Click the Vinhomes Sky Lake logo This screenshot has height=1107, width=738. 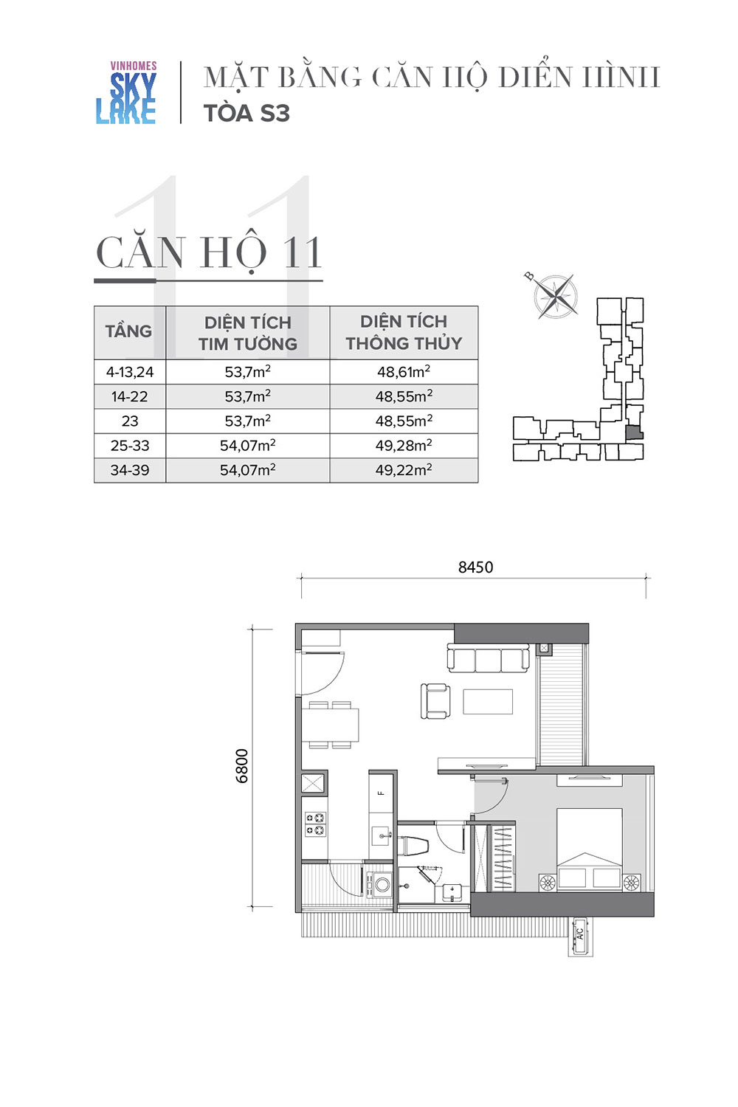tap(126, 92)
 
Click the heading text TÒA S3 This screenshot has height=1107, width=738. tap(246, 113)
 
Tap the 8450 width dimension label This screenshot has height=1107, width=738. tap(475, 567)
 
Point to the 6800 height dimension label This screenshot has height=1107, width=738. tap(242, 766)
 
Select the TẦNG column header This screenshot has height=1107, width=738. tap(128, 331)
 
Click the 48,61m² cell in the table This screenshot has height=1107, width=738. tap(404, 371)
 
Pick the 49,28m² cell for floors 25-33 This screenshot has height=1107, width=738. tap(404, 445)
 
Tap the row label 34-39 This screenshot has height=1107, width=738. tap(130, 469)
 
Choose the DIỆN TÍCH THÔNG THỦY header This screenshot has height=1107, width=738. tap(404, 332)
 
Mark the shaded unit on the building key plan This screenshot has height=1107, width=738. tap(635, 432)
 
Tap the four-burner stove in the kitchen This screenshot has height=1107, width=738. tap(315, 824)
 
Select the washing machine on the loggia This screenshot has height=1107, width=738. tap(381, 884)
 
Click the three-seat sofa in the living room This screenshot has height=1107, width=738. tap(489, 658)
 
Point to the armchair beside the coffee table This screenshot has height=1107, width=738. tap(435, 701)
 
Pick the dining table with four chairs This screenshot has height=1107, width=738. tap(330, 725)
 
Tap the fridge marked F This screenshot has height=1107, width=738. tap(381, 794)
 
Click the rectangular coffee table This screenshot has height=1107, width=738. tap(488, 701)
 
